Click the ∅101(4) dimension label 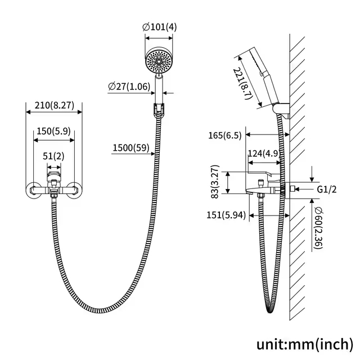click(160, 27)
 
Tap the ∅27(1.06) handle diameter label click(129, 87)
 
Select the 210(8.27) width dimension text click(55, 105)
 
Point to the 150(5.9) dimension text click(53, 131)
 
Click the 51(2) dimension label click(53, 156)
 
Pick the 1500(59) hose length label click(131, 147)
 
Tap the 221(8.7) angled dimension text click(241, 83)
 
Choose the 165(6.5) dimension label click(225, 136)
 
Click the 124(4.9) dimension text click(264, 153)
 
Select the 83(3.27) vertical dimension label click(215, 182)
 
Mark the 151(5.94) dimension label click(226, 215)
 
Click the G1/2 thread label click(327, 190)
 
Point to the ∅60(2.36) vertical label click(319, 228)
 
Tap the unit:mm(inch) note click(305, 344)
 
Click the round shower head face click(159, 61)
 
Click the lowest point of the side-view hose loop click(270, 313)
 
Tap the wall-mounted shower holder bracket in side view click(282, 111)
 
